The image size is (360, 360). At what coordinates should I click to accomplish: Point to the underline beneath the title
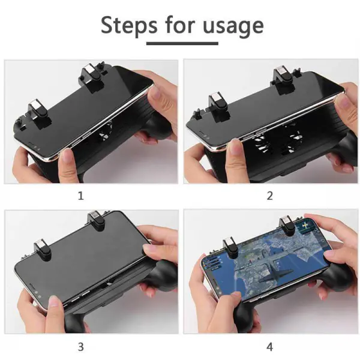[x=182, y=43]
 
